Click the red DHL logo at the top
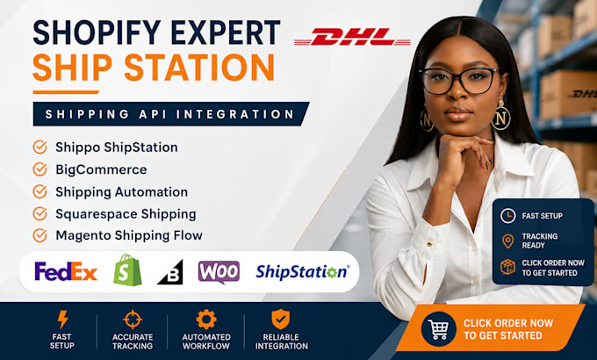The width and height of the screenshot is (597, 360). click(352, 37)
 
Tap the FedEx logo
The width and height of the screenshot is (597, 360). click(66, 271)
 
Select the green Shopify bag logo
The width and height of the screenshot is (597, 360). click(127, 270)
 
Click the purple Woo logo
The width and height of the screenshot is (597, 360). click(219, 272)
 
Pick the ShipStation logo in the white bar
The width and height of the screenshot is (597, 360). click(302, 272)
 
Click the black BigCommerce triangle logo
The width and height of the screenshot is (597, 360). click(171, 273)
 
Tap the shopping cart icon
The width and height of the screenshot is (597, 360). click(438, 328)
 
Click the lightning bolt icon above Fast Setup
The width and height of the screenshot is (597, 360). click(62, 320)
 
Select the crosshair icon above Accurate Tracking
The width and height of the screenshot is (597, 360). click(133, 320)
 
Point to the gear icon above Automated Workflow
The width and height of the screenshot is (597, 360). click(206, 320)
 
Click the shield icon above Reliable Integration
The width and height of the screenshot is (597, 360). click(281, 320)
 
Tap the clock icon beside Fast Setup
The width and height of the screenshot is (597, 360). click(508, 216)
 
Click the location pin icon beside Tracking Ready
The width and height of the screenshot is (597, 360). click(508, 241)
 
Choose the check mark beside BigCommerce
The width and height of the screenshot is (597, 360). click(40, 169)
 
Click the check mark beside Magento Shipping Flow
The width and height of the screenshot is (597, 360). click(40, 235)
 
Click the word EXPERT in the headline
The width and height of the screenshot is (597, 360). click(226, 32)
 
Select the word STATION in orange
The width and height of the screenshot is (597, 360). click(199, 67)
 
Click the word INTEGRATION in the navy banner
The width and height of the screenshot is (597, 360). click(235, 114)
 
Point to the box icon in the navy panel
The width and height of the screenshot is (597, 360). click(508, 267)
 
